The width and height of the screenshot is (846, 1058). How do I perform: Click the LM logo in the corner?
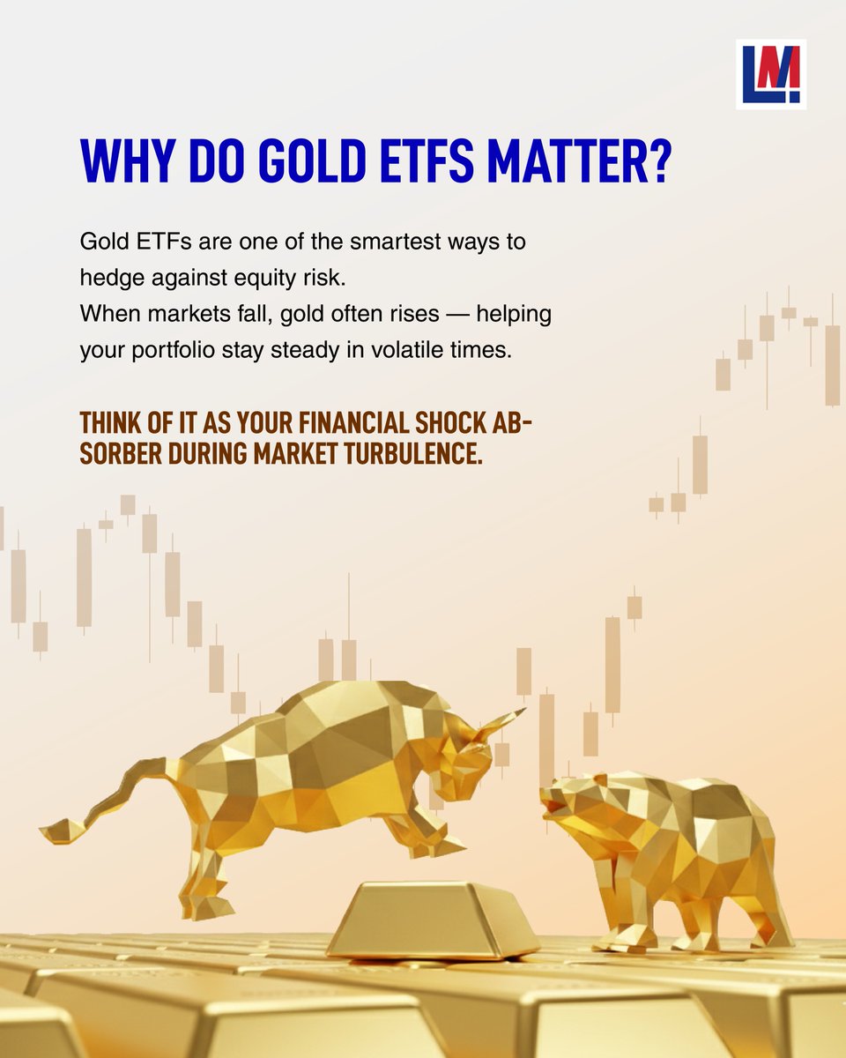(770, 75)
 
